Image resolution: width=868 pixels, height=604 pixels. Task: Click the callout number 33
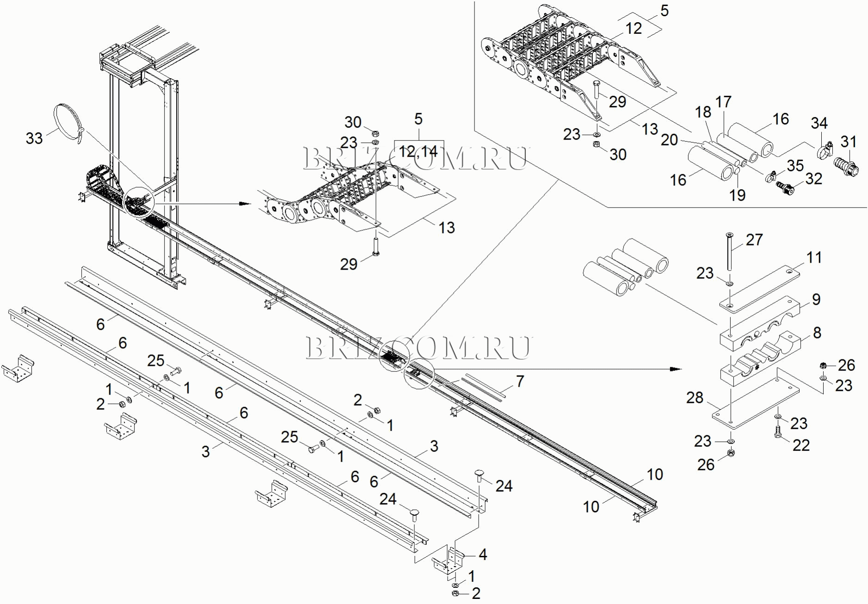34,138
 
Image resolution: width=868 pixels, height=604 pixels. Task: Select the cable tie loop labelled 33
68,123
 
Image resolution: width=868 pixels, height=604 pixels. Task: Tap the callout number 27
754,240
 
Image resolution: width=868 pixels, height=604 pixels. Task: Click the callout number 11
814,258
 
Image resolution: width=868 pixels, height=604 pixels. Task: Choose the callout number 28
695,398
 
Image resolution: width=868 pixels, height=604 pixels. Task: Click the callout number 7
520,381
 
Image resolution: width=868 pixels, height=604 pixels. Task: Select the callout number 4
483,554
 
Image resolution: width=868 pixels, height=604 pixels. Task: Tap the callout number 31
849,142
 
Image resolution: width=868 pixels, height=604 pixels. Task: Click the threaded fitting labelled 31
847,166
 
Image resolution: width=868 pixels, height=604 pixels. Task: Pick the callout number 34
819,123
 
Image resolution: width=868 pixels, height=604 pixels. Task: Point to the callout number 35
795,165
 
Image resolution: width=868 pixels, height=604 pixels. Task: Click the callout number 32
814,179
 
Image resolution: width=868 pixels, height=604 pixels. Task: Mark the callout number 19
737,195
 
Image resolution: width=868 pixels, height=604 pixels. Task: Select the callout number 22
801,445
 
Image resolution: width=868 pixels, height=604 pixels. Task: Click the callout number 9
816,299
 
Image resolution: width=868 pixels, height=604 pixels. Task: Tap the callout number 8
817,333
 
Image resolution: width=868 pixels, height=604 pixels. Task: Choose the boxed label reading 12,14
419,151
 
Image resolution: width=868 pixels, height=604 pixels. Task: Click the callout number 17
723,102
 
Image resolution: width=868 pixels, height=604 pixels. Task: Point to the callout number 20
669,140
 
